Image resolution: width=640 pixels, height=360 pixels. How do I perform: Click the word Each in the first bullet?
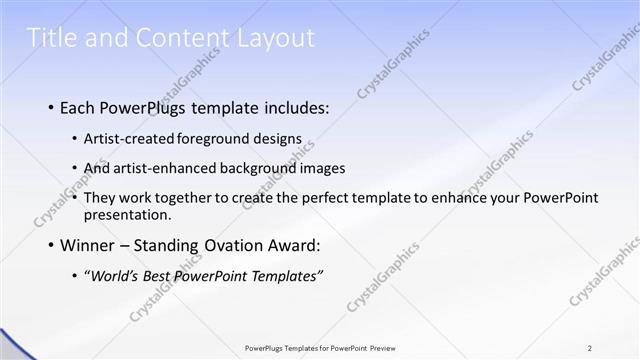[79, 107]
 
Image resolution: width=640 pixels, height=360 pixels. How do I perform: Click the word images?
[325, 168]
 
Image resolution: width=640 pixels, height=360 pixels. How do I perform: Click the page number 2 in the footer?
[590, 347]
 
